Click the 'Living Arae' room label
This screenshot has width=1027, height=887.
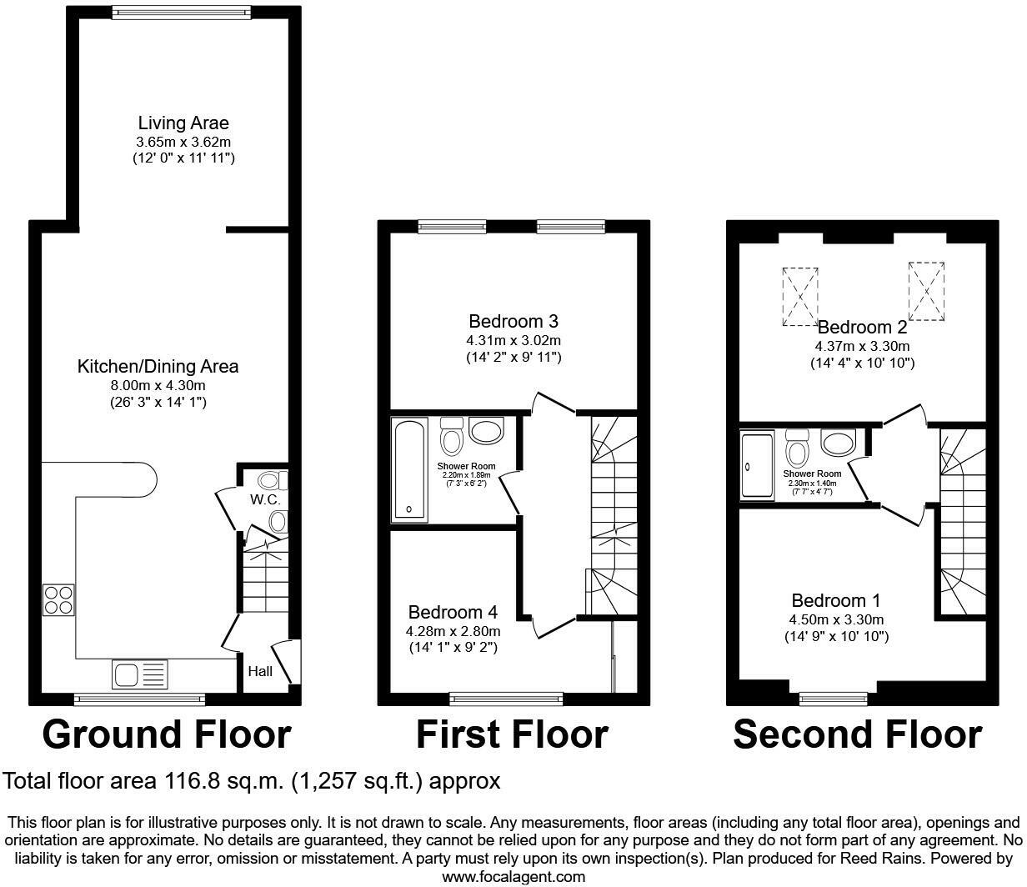[183, 123]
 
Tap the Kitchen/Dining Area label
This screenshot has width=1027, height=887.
[158, 366]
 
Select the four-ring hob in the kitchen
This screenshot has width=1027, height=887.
[58, 600]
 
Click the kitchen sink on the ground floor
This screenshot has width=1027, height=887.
[139, 674]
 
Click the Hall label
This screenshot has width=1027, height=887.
[260, 671]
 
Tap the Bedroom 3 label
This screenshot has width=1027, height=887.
[513, 321]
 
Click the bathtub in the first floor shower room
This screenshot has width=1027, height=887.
[409, 469]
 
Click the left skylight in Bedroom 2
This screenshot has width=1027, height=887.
[800, 296]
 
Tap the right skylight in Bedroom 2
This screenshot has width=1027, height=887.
[926, 291]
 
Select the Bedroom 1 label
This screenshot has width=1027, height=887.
[835, 600]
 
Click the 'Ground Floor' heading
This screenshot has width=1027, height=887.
[166, 734]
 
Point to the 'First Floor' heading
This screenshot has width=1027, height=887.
[512, 734]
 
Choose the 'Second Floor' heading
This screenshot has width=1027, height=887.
[857, 734]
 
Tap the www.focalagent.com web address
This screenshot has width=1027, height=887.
[513, 876]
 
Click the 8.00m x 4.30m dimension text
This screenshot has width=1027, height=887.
[158, 385]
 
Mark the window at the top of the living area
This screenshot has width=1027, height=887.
[181, 13]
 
